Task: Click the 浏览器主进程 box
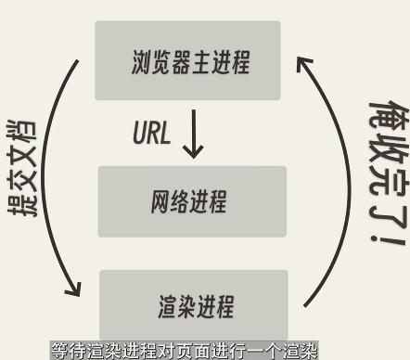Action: click(187, 61)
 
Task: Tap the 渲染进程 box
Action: click(194, 304)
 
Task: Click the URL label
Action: click(152, 132)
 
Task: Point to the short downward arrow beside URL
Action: click(193, 135)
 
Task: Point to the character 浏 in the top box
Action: click(142, 63)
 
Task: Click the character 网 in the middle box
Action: click(160, 202)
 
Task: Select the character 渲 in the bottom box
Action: click(167, 305)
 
